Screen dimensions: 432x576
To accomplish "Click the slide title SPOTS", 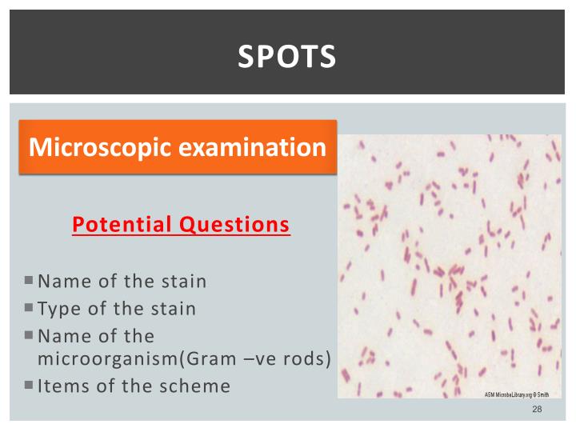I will coord(287,56).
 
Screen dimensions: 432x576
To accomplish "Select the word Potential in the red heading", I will coord(121,225).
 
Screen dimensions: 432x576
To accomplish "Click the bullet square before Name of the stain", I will coord(29,281).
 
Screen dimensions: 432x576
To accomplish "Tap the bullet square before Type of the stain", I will coord(29,308).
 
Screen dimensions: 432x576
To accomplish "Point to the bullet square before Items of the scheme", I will coord(29,385).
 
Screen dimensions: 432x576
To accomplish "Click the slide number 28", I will coord(537,410).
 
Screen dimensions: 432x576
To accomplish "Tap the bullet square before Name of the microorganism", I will coord(29,334).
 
